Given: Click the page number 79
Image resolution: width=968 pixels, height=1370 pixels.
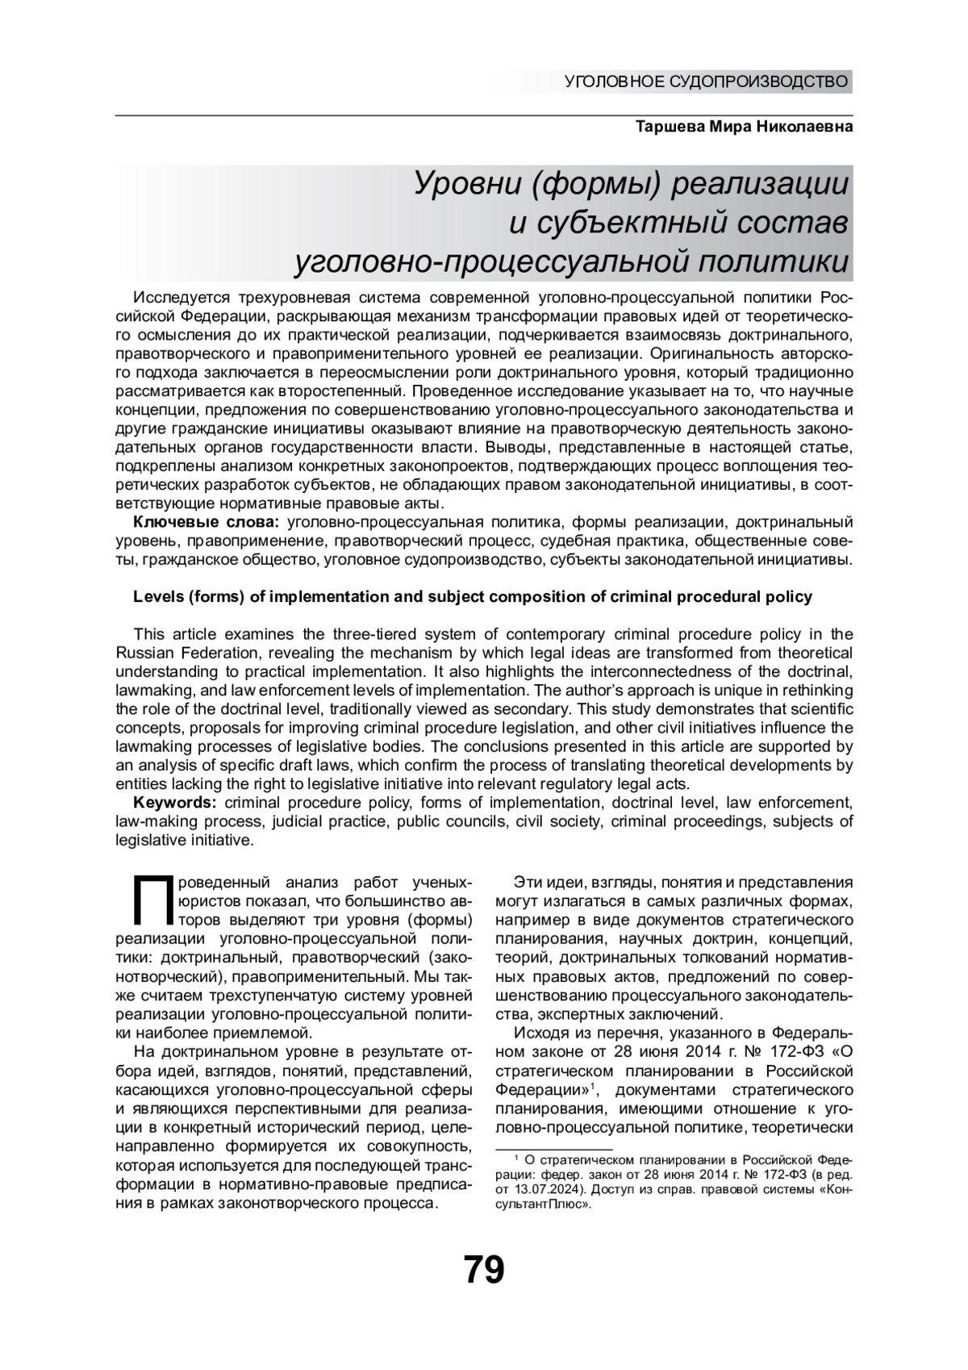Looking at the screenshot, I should click(484, 1269).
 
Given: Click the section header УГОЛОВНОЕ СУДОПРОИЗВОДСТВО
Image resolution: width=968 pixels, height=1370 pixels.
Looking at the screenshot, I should click(707, 81).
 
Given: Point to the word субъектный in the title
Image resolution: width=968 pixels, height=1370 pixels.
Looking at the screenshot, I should click(628, 223).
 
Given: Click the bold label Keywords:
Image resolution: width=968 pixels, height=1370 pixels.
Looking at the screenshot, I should click(175, 802).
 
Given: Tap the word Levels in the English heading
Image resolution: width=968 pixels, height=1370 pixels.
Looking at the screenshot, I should click(157, 597).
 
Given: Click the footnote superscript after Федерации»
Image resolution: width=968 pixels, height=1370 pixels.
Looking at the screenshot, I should click(591, 1086).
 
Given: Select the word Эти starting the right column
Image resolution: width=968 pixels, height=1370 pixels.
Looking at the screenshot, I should click(529, 883).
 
